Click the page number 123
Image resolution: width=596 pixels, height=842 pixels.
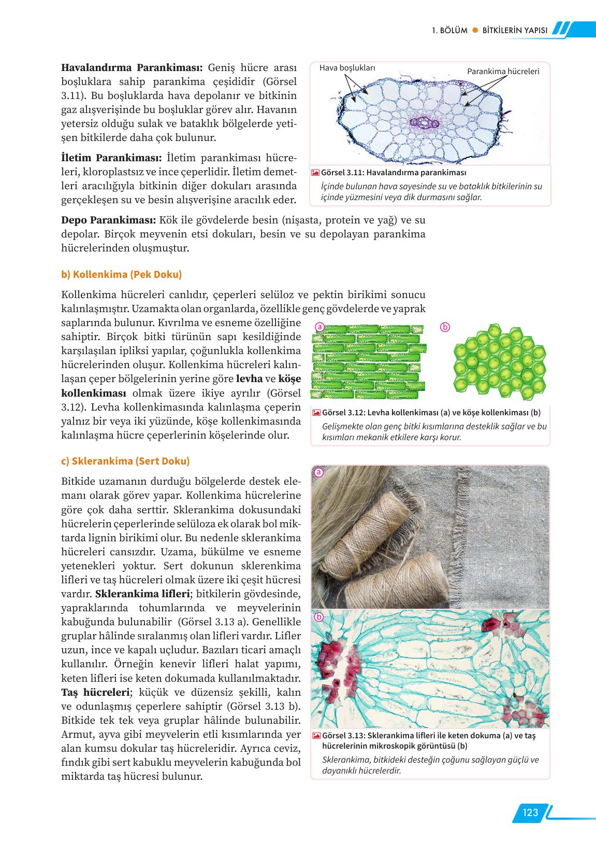click(x=530, y=812)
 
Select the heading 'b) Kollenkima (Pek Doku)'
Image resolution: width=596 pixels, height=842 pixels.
click(x=122, y=274)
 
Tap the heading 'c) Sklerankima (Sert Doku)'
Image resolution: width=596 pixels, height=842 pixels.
click(x=125, y=461)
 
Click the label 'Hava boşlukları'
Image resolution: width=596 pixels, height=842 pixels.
click(x=347, y=68)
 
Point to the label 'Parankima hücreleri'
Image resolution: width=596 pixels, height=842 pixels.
click(x=503, y=71)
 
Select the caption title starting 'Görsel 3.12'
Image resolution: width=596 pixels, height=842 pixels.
click(x=431, y=413)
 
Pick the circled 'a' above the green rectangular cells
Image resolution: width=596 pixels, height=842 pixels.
click(x=319, y=327)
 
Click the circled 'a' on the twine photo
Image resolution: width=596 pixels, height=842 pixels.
click(x=319, y=472)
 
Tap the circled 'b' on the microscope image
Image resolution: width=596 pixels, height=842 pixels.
click(x=319, y=617)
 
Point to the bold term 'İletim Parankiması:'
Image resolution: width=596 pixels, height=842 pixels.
click(x=112, y=158)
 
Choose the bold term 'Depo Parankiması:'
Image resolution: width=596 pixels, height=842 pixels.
click(x=109, y=220)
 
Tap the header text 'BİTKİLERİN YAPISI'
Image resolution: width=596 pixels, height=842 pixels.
click(x=515, y=30)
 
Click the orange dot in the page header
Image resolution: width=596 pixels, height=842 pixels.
click(x=475, y=30)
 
